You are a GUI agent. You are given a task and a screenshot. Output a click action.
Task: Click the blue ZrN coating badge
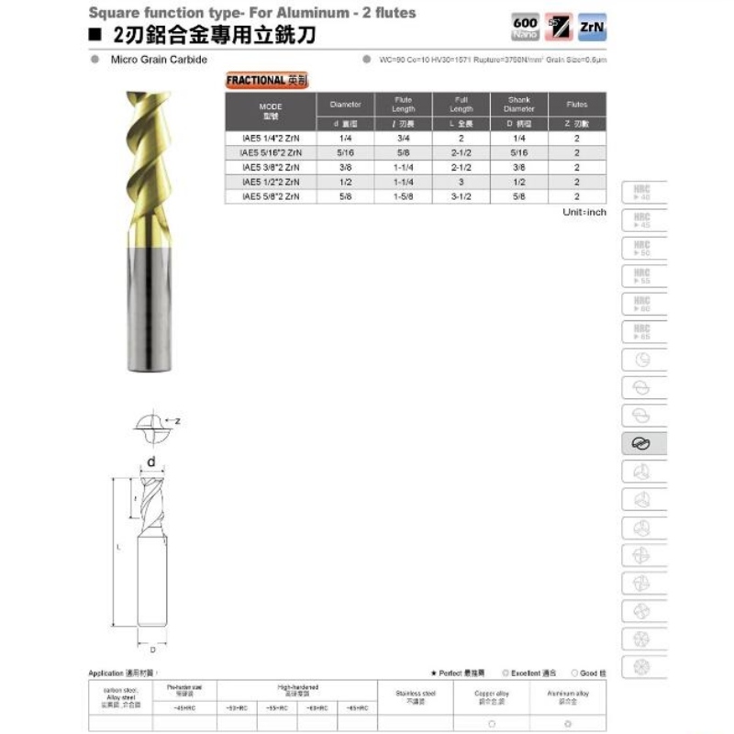pyautogui.click(x=590, y=29)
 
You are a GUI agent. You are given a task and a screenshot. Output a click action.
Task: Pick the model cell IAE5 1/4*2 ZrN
pyautogui.click(x=270, y=139)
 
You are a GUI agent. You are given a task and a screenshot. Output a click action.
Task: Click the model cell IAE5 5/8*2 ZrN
pyautogui.click(x=270, y=196)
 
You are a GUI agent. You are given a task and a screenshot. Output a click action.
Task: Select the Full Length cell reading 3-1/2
pyautogui.click(x=462, y=196)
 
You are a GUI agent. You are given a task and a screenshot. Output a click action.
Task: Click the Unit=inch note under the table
pyautogui.click(x=584, y=212)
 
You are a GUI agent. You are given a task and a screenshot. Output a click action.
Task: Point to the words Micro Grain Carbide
pyautogui.click(x=159, y=60)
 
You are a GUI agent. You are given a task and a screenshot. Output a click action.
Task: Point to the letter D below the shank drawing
pyautogui.click(x=151, y=649)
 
